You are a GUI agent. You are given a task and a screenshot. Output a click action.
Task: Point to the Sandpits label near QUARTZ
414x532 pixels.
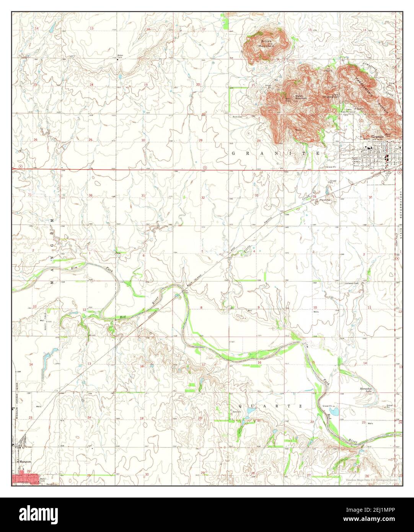(x=238, y=412)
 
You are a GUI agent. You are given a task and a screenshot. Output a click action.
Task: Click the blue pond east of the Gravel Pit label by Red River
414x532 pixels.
(x=334, y=412)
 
